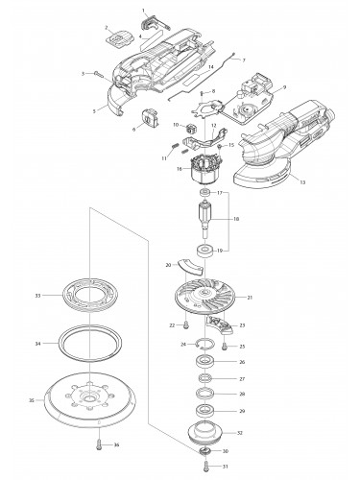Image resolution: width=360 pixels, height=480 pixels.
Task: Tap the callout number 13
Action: click(303, 181)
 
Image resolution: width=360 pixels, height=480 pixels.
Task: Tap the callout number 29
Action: click(242, 411)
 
